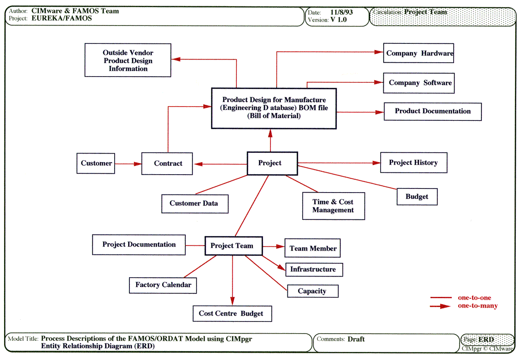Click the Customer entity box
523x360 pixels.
point(96,163)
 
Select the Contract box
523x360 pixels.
point(167,163)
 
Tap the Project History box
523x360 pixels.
point(413,163)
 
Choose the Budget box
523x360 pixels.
point(417,197)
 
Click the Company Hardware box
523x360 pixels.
point(419,53)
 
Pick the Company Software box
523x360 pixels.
point(419,83)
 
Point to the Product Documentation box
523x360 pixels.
point(433,111)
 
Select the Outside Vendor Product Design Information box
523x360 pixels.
point(128,60)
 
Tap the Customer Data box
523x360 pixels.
point(195,204)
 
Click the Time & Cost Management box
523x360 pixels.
point(333,206)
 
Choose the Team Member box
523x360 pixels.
point(313,248)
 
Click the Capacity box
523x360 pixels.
point(312,291)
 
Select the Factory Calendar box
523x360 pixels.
point(163,285)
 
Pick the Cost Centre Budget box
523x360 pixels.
point(232,313)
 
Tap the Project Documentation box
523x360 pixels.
point(139,245)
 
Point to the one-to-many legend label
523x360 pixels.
point(477,306)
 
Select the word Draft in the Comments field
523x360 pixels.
point(356,339)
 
